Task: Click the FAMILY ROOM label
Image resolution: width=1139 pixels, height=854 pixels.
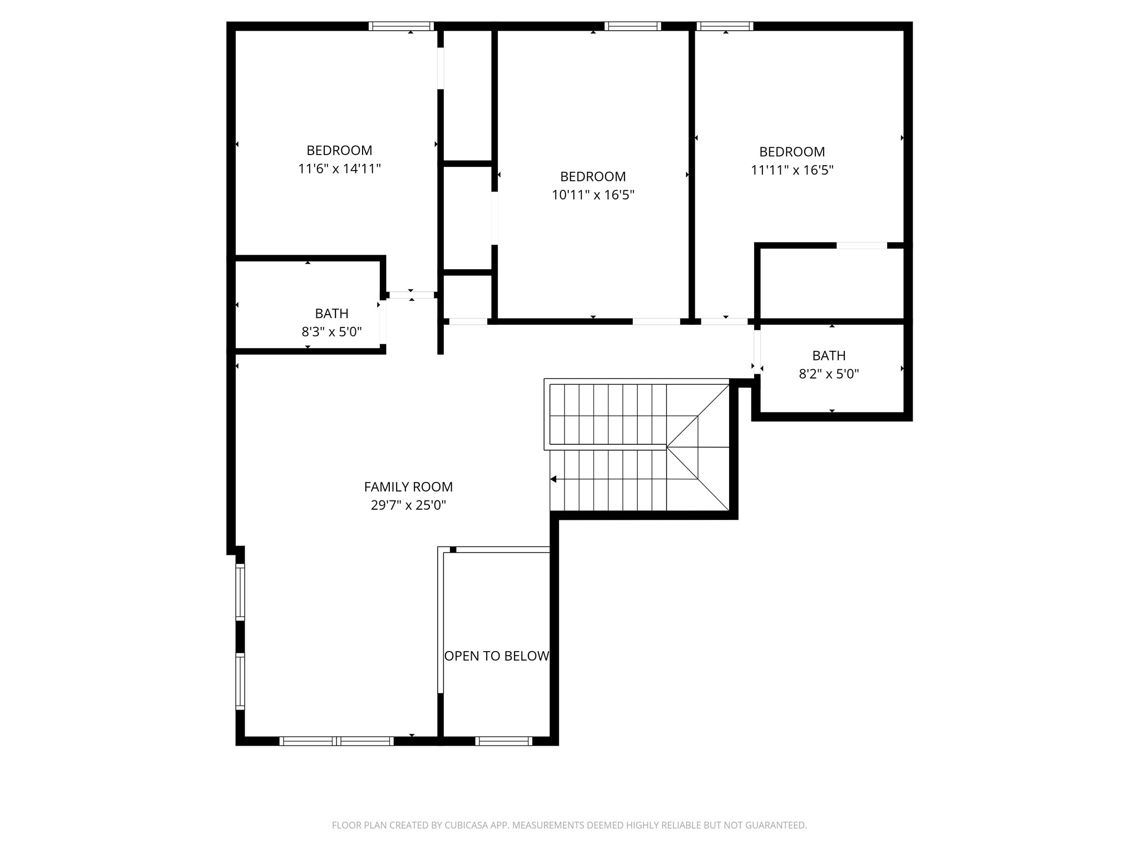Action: click(408, 487)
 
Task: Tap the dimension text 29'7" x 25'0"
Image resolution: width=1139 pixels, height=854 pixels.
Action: click(408, 505)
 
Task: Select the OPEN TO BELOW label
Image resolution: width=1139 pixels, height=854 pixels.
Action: click(496, 656)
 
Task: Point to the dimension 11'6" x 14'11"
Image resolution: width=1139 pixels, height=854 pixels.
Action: click(339, 168)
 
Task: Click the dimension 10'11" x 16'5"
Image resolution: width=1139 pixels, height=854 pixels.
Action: click(593, 195)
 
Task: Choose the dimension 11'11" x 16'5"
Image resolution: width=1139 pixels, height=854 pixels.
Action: click(792, 170)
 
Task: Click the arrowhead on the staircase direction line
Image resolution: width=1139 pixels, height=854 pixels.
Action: click(553, 479)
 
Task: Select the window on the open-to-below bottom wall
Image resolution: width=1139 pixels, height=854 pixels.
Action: click(504, 741)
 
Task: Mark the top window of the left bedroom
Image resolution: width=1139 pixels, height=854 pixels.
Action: click(400, 26)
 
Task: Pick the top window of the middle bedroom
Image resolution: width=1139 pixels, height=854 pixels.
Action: click(632, 26)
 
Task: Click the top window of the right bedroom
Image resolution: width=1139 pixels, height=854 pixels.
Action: click(725, 26)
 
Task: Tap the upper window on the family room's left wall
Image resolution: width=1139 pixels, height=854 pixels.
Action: click(240, 592)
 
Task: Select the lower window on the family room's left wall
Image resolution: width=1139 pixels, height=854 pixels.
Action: click(240, 681)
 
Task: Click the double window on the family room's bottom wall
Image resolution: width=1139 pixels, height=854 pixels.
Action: click(336, 741)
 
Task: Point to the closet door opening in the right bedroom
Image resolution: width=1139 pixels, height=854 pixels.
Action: click(861, 245)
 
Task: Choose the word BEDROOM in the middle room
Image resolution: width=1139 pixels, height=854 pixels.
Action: click(593, 177)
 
